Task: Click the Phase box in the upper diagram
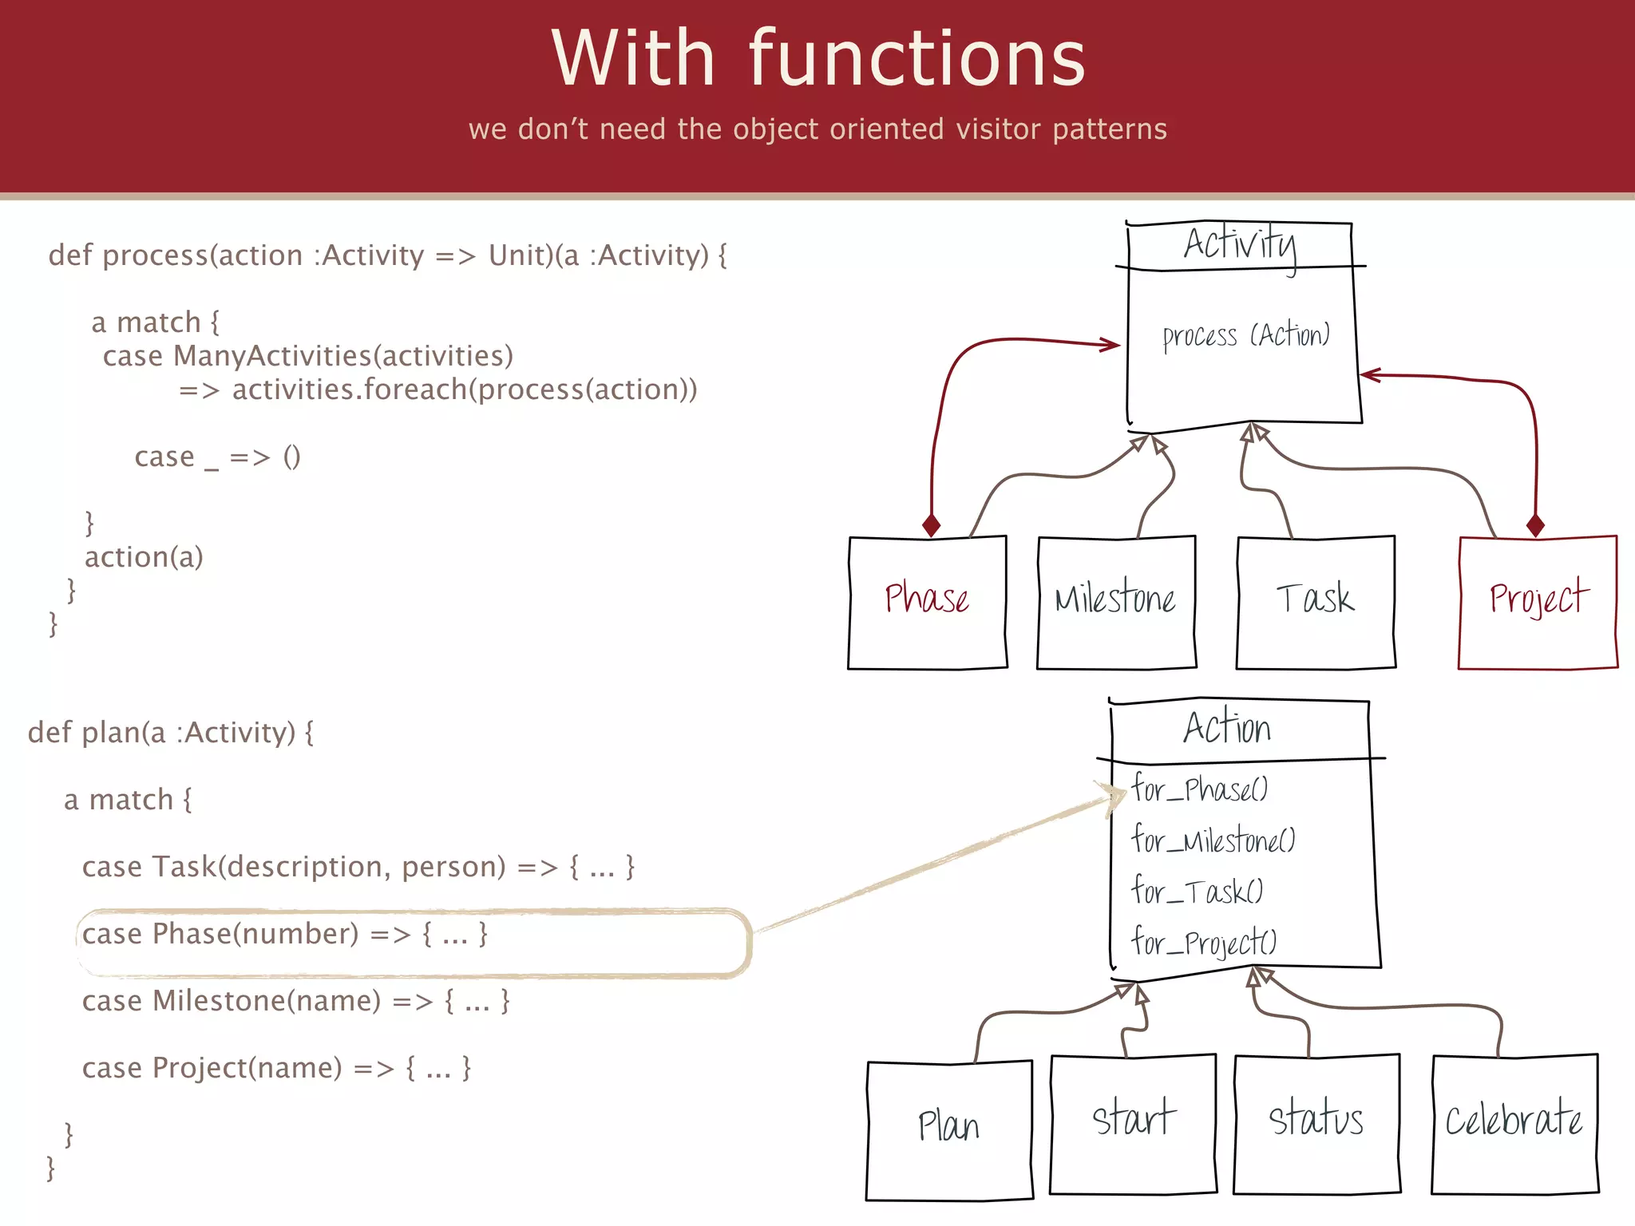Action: (x=927, y=602)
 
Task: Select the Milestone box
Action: (x=1116, y=602)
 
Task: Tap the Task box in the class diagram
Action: (x=1316, y=602)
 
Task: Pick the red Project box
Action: (x=1538, y=602)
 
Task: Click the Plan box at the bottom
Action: (x=949, y=1129)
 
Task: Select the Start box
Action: (x=1133, y=1124)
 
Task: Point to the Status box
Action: (x=1316, y=1124)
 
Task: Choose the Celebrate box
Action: (x=1514, y=1124)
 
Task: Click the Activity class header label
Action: (x=1240, y=244)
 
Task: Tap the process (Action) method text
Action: (x=1246, y=336)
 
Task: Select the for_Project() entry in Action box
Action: (x=1204, y=943)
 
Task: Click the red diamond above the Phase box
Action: (x=931, y=525)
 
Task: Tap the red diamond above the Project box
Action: (x=1535, y=525)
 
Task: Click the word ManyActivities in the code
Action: (x=271, y=356)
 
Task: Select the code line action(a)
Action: (x=144, y=557)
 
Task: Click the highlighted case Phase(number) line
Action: (x=284, y=934)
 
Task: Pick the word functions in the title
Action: (x=917, y=59)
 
